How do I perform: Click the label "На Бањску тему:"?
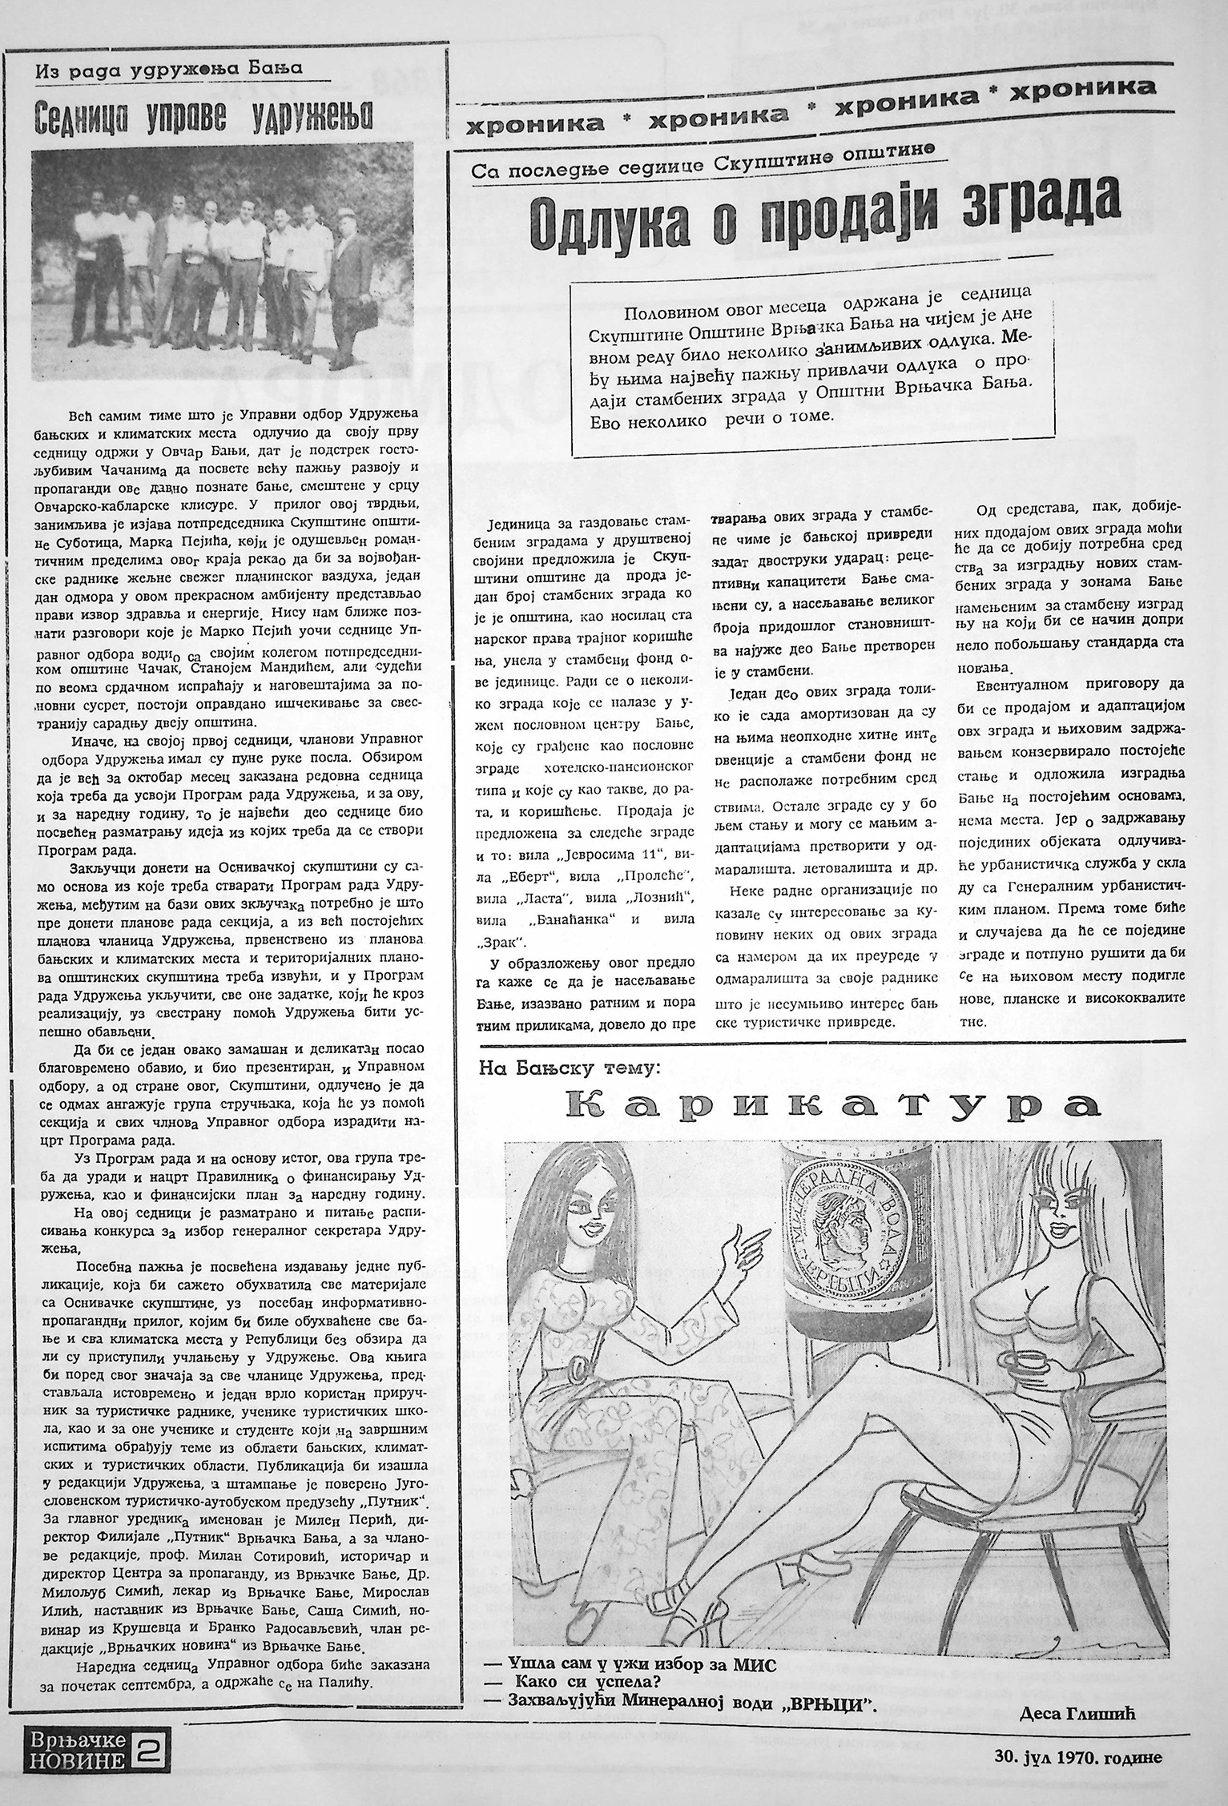coord(567,1067)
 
